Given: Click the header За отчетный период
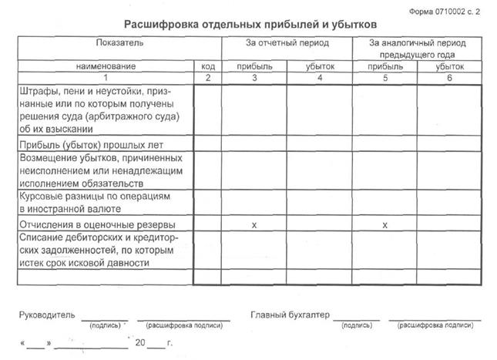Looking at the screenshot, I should coord(287,42).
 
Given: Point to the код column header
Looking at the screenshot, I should coord(207,67).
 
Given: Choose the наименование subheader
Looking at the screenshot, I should coord(106,67).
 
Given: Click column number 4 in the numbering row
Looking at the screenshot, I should coord(318,78).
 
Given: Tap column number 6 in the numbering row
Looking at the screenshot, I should coord(449,78).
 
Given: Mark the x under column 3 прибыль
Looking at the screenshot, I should coord(254,224).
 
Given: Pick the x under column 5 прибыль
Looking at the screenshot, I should coord(385,224).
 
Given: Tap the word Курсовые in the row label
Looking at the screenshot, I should coord(43,197).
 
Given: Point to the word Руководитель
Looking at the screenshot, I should coord(47,316).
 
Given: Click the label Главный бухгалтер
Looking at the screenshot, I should coord(289,315).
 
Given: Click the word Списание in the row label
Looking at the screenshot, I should coord(43,237).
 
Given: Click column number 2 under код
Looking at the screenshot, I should coord(207,78).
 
